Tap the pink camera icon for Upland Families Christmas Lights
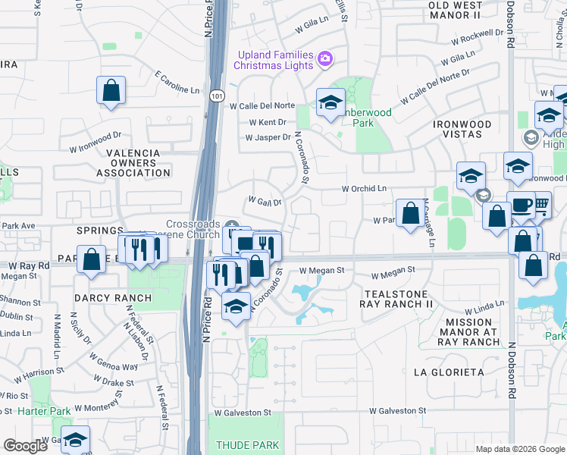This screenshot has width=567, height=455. [325, 58]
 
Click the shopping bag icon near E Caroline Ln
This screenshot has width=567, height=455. [111, 90]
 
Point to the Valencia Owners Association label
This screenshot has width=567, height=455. [133, 162]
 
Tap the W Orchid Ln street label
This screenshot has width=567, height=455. [364, 188]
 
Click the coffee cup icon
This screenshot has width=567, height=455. [521, 206]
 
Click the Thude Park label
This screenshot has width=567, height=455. [247, 445]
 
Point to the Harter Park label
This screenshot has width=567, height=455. [45, 411]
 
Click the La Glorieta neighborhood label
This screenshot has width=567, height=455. [449, 372]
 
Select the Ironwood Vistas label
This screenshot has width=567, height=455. [462, 129]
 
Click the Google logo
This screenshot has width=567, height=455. [26, 446]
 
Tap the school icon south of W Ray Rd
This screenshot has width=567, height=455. [236, 306]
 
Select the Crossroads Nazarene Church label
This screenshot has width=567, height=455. [195, 231]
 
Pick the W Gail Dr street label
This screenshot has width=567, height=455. [265, 202]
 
